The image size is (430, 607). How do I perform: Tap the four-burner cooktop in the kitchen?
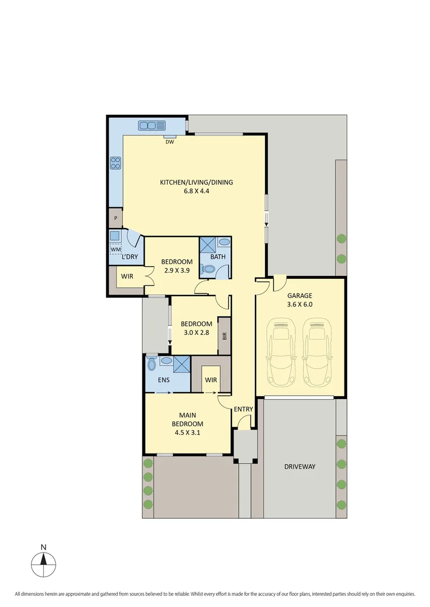(115, 163)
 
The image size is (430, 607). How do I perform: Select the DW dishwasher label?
(169, 142)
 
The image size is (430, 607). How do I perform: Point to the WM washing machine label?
(115, 249)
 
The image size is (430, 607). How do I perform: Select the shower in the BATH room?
(207, 245)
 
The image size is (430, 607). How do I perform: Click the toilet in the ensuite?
(150, 364)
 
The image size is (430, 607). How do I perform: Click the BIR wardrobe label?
(225, 336)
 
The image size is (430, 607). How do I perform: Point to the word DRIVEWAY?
(299, 466)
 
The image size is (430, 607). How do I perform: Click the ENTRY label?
(243, 409)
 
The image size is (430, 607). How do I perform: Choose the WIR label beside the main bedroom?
(210, 380)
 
